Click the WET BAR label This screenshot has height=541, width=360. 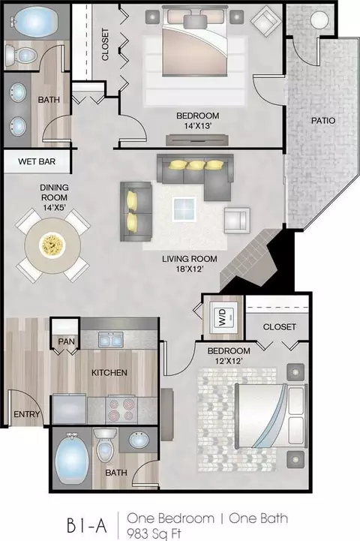[37, 161]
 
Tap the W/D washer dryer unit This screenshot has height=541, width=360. [223, 317]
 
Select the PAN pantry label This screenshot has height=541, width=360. [66, 341]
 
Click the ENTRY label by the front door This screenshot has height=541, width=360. [26, 413]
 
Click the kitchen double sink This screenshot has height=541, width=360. [111, 339]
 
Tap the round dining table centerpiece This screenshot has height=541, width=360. [52, 245]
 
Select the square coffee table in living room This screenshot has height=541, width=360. [184, 209]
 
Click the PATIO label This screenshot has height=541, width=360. [323, 120]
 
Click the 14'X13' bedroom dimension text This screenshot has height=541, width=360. [197, 126]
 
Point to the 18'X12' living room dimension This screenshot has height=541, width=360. [189, 269]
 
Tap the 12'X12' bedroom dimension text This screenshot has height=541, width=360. [228, 361]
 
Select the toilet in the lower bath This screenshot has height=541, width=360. [105, 446]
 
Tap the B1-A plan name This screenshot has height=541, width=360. [86, 526]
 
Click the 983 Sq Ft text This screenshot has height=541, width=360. [154, 533]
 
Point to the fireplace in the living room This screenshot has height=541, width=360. [250, 259]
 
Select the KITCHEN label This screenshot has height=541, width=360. [109, 373]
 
